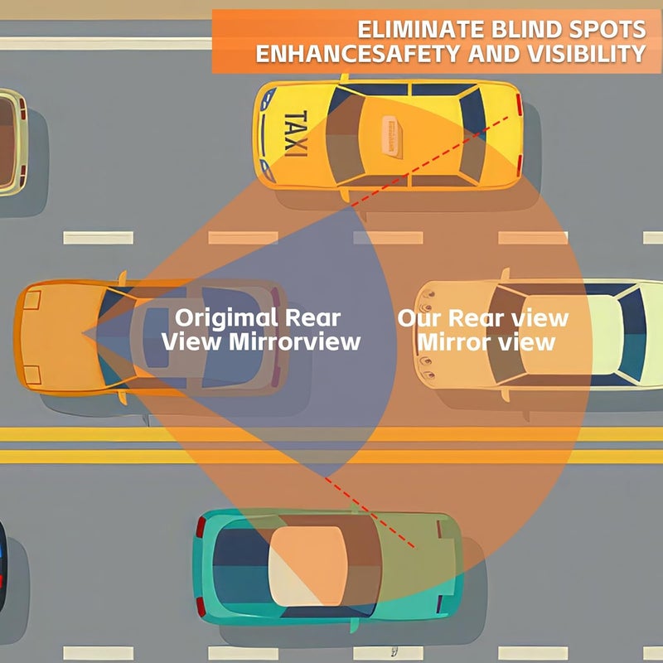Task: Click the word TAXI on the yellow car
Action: coord(296,133)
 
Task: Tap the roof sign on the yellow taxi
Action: coord(391,137)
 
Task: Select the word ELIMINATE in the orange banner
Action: coord(421,30)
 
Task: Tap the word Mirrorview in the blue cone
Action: coord(294,341)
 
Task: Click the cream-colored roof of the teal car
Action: coord(308,565)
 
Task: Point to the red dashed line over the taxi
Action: coord(429,162)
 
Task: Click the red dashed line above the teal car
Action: coord(369,512)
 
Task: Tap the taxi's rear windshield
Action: coord(472,136)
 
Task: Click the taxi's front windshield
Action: coord(343,136)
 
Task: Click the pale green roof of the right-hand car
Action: coord(605,335)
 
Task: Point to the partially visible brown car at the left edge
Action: coord(12,142)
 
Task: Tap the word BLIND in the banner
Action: coord(526,30)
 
